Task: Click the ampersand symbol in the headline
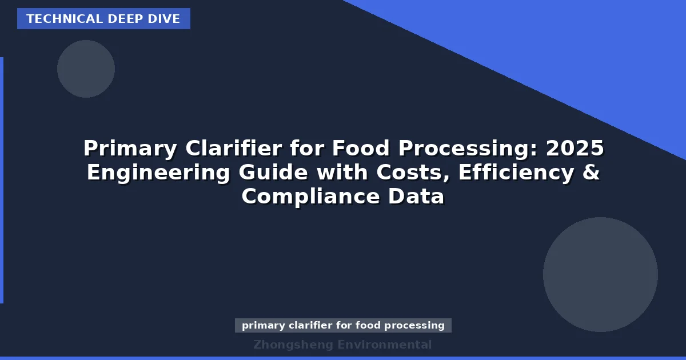pos(591,173)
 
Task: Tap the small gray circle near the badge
pos(86,69)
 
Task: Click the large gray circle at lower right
pos(600,274)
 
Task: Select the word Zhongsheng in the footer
pos(293,345)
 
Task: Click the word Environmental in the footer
pos(384,345)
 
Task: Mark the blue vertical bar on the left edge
pos(2,180)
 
